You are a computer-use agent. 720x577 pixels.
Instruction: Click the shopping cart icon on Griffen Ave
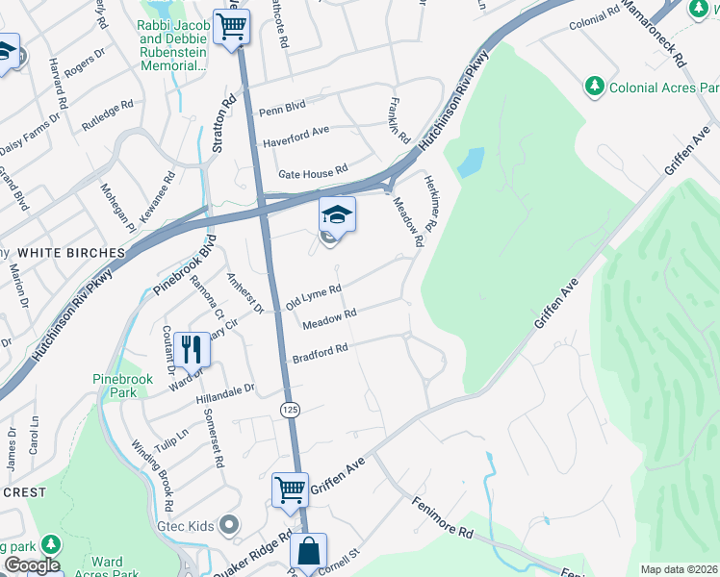point(290,489)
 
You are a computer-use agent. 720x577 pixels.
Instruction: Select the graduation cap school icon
point(337,214)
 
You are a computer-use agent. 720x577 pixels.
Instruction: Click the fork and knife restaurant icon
point(192,348)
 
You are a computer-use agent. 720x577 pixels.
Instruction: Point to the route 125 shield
point(290,410)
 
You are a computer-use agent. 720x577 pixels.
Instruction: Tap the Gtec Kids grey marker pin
point(228,525)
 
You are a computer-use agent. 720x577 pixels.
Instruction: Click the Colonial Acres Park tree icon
point(595,88)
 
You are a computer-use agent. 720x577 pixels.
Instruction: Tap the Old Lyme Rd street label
point(314,296)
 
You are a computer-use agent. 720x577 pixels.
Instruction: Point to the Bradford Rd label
point(320,353)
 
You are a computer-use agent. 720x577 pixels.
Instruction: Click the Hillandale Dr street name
point(222,390)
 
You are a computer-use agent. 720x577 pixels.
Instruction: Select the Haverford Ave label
point(295,130)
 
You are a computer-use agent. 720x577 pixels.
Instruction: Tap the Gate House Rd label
point(312,173)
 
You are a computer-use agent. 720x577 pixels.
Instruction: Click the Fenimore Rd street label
point(444,517)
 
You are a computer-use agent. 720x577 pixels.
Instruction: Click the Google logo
point(31,565)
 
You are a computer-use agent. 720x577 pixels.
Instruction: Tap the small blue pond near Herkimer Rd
point(470,163)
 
